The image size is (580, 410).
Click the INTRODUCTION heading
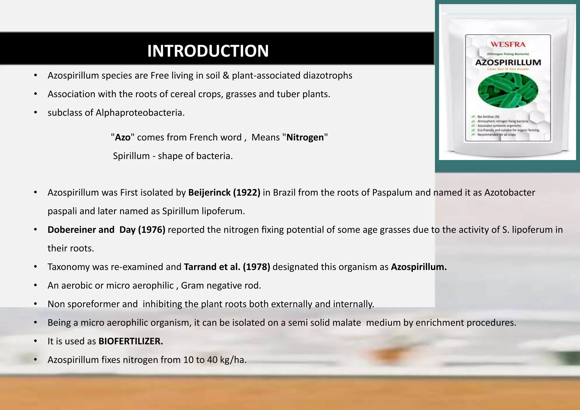(208, 51)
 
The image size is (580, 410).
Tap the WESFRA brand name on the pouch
(508, 44)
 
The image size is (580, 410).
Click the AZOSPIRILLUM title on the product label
(508, 63)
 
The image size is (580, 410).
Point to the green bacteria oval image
(508, 90)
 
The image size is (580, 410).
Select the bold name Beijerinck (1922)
(224, 193)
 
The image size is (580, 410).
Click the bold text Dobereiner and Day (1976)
(106, 230)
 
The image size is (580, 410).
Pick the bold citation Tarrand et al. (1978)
(227, 267)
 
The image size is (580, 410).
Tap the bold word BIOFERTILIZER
(131, 341)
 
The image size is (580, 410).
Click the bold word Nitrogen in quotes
(305, 137)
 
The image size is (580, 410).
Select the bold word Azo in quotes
(123, 137)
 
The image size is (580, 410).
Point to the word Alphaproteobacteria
(140, 113)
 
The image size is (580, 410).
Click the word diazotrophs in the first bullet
(328, 76)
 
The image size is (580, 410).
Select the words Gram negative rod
(221, 285)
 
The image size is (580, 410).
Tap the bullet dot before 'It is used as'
(35, 341)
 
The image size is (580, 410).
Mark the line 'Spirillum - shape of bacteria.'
(173, 156)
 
